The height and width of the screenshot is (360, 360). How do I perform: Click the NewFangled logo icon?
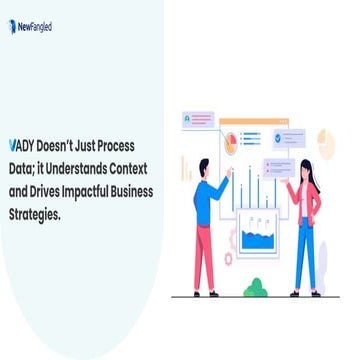(x=12, y=28)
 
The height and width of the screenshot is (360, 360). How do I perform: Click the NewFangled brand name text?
(x=35, y=28)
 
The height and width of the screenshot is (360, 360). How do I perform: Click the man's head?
(x=204, y=167)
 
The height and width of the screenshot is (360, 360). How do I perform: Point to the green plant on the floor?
(x=256, y=288)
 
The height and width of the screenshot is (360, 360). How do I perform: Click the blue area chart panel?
(x=258, y=238)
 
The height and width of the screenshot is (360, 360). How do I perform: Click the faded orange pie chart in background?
(x=324, y=139)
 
